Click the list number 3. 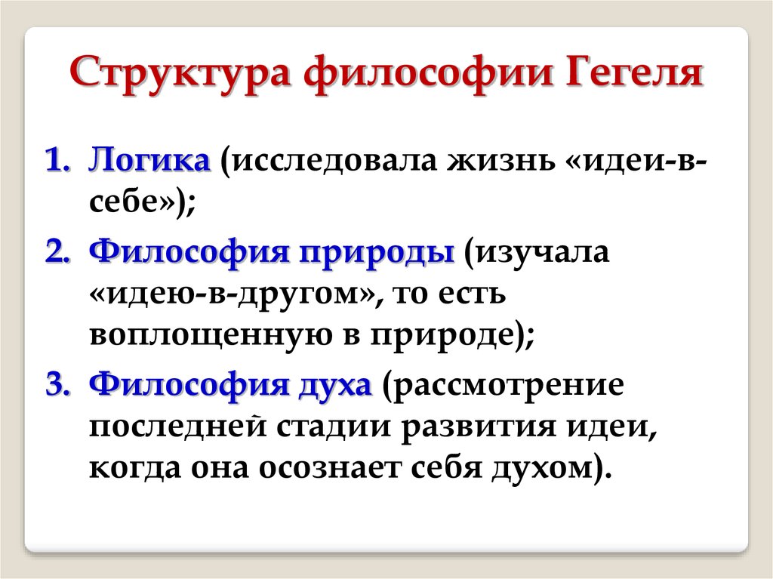(58, 385)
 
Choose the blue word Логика (149, 160)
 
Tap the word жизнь (501, 162)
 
